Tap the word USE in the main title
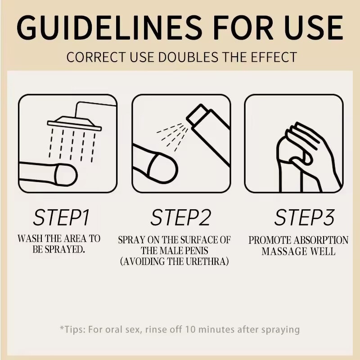click(314, 27)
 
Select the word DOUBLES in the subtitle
click(188, 57)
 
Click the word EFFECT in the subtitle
click(274, 57)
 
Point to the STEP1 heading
click(61, 217)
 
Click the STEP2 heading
click(180, 217)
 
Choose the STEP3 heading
click(305, 217)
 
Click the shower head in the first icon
click(74, 123)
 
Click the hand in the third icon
click(308, 156)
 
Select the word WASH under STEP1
click(30, 239)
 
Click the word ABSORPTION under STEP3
click(321, 240)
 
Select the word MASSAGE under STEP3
click(284, 251)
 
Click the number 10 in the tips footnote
click(190, 329)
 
